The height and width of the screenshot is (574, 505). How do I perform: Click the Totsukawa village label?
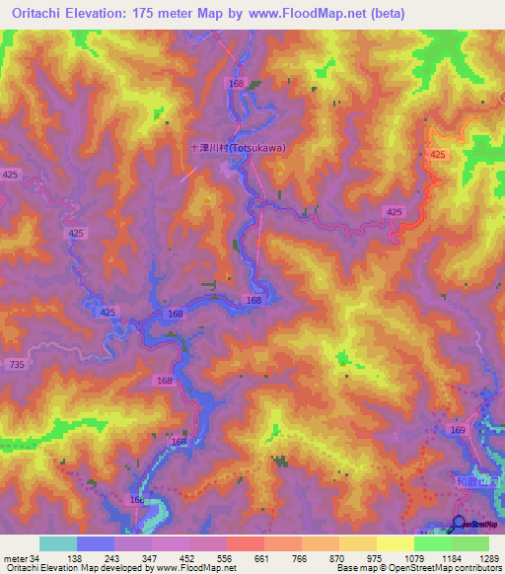(x=238, y=148)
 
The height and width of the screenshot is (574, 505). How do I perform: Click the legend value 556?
(x=226, y=558)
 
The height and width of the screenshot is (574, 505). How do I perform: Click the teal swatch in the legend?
(x=58, y=543)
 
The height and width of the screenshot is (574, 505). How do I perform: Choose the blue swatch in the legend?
(x=96, y=543)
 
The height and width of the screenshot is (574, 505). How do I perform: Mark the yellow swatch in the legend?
(x=395, y=543)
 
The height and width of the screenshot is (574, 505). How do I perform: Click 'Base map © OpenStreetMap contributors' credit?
(x=417, y=568)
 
